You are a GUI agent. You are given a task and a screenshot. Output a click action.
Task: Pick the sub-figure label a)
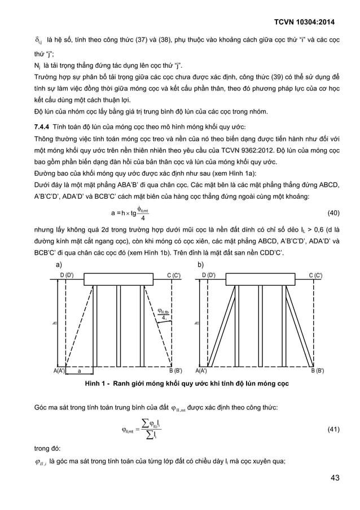tap(58, 264)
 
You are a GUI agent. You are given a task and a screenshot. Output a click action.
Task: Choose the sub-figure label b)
tap(200, 264)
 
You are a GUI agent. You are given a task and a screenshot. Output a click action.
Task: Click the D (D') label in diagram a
tap(71, 274)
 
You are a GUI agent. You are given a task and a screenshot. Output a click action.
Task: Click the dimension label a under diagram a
tap(79, 371)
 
